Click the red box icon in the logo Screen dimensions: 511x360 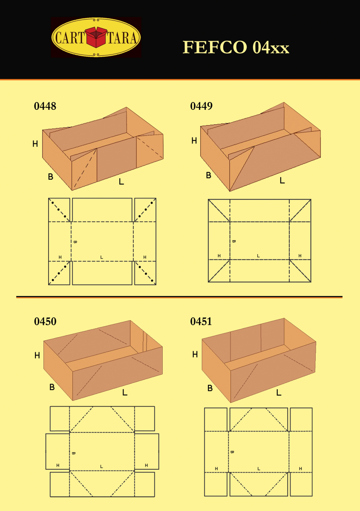(96, 37)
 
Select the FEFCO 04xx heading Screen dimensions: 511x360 (236, 47)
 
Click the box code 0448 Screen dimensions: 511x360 (45, 106)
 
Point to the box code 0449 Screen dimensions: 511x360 (201, 106)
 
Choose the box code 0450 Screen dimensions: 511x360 (45, 322)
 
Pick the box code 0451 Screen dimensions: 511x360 (201, 322)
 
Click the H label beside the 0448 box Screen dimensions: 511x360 (35, 144)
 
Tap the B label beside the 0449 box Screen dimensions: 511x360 (208, 175)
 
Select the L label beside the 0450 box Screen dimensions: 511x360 (125, 392)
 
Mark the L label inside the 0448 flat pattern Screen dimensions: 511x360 (101, 257)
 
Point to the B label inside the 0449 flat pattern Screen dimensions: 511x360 (233, 241)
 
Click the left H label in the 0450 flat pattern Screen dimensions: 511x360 (58, 465)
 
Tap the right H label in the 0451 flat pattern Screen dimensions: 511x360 (300, 468)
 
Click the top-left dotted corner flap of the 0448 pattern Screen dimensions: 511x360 (59, 209)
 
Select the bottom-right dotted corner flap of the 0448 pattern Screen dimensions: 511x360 (145, 273)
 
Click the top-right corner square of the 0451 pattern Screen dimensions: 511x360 (301, 419)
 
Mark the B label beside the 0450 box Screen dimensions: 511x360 (52, 387)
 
